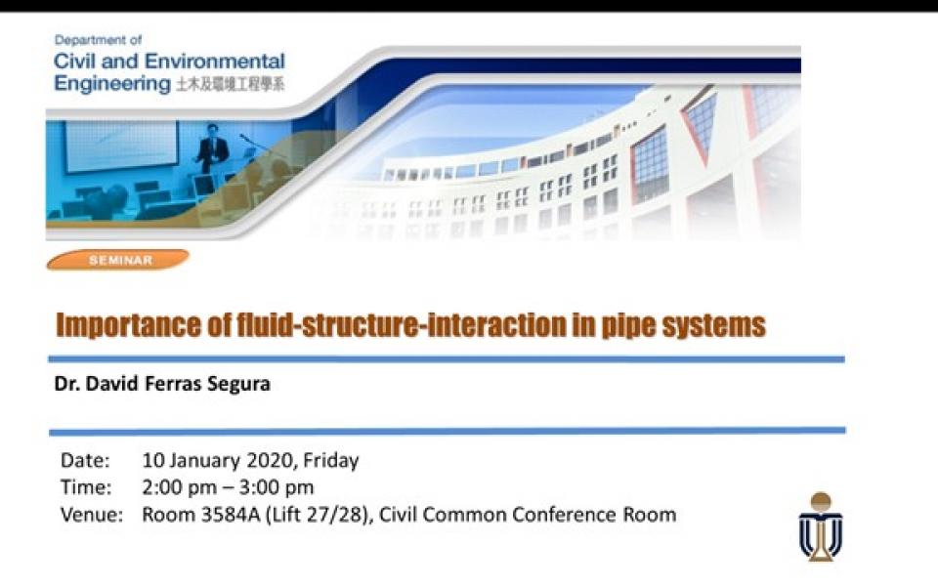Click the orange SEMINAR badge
coord(118,260)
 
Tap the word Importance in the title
coord(128,325)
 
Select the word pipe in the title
coord(627,326)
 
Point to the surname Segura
coord(238,384)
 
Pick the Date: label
coord(85,460)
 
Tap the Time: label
coord(86,487)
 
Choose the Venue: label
coord(92,515)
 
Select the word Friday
coord(331,460)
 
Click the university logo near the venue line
coord(821,526)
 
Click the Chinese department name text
coord(230,84)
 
